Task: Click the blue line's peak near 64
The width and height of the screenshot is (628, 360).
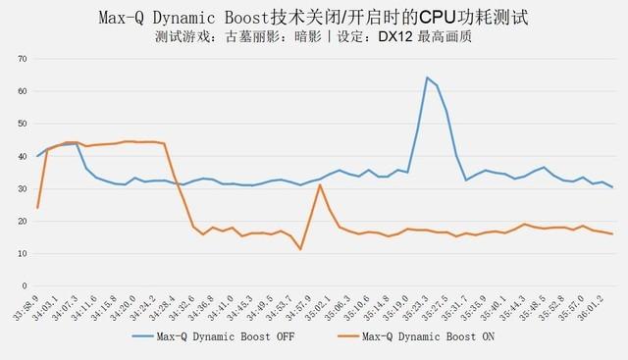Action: tap(428, 77)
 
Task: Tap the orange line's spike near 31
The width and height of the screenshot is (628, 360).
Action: tap(320, 184)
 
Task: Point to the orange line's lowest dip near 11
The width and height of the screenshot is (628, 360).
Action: tap(301, 249)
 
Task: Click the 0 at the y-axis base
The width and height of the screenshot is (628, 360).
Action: tap(24, 285)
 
